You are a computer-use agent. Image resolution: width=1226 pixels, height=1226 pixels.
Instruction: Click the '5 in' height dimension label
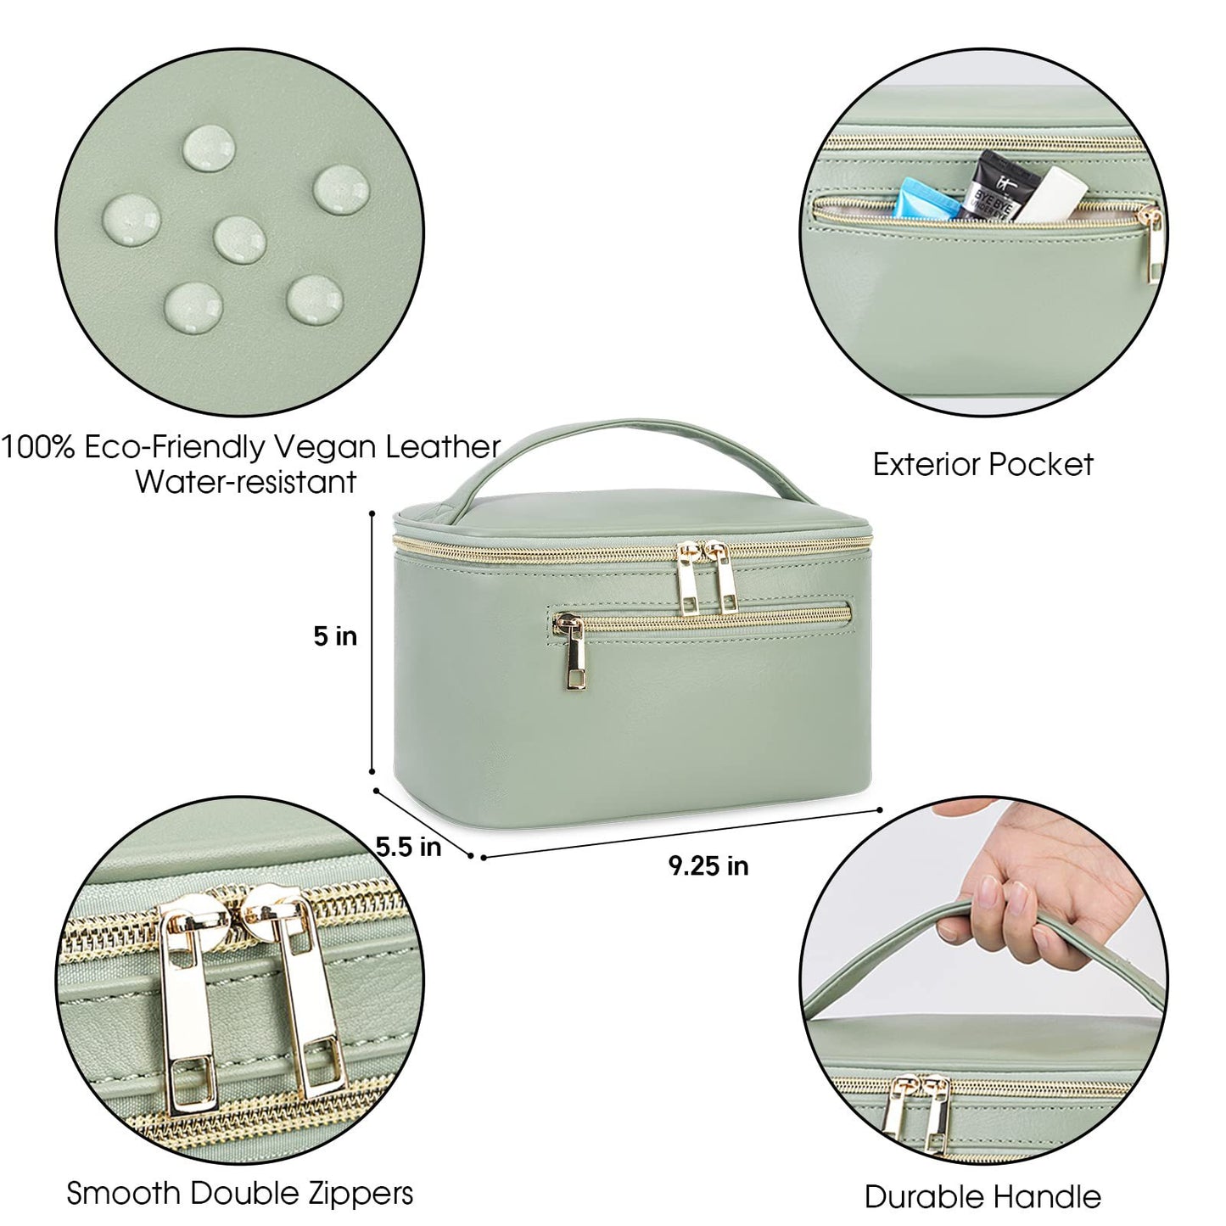(335, 636)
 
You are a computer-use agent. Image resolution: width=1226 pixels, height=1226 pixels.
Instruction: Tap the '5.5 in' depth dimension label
(409, 846)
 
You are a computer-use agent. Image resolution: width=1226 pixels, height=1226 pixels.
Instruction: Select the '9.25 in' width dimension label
(708, 865)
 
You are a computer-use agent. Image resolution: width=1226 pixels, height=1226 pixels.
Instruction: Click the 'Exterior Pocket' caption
(983, 464)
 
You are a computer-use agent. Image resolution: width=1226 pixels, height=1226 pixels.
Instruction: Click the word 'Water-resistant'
(246, 482)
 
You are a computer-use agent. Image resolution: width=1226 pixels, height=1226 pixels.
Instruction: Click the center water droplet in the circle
(240, 238)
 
